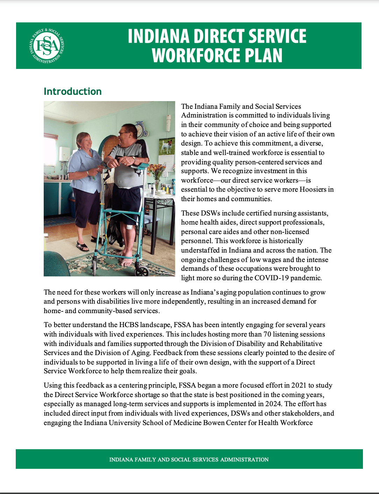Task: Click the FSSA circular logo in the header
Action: [47, 46]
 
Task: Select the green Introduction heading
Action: [73, 91]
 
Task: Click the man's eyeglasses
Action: [125, 133]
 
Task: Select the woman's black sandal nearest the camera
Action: [82, 247]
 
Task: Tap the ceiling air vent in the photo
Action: [71, 122]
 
